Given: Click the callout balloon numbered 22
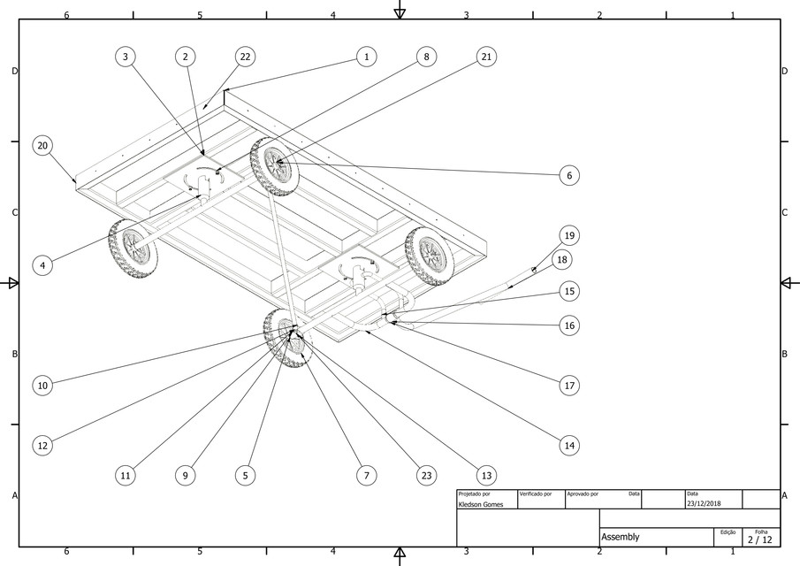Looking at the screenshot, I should [246, 57].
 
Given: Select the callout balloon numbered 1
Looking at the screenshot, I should [366, 57].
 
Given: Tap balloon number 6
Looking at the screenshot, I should [569, 176].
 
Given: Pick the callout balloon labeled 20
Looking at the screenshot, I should [42, 145].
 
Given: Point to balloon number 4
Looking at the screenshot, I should [42, 264].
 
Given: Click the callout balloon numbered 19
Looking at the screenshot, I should [569, 235].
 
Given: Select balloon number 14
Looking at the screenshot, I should [569, 446].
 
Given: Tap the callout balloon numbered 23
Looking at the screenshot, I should [426, 475].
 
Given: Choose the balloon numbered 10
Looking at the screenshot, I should [42, 386].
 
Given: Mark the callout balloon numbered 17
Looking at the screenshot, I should [569, 386].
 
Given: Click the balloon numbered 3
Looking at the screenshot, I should [126, 57].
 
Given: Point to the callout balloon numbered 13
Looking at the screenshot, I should [485, 475].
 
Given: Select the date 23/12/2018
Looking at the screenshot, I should [703, 504].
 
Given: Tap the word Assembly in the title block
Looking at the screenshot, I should [620, 537].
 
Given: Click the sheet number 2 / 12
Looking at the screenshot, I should [760, 539].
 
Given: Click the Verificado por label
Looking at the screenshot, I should [536, 493].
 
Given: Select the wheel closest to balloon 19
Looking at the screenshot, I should [430, 255].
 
